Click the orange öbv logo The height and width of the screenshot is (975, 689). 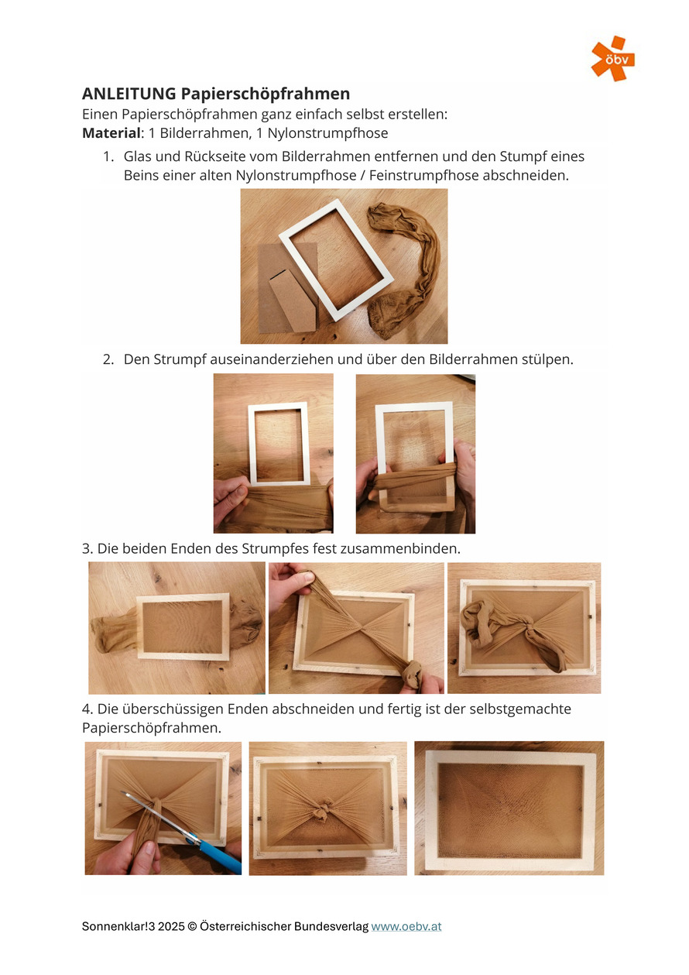point(612,58)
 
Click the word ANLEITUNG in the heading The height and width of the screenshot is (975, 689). point(129,94)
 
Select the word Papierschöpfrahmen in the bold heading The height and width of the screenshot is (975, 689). point(266,94)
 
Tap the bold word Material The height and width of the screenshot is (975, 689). point(111,133)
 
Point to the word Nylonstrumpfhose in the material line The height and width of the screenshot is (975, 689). point(327,134)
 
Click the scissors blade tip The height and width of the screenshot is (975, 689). point(122,792)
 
